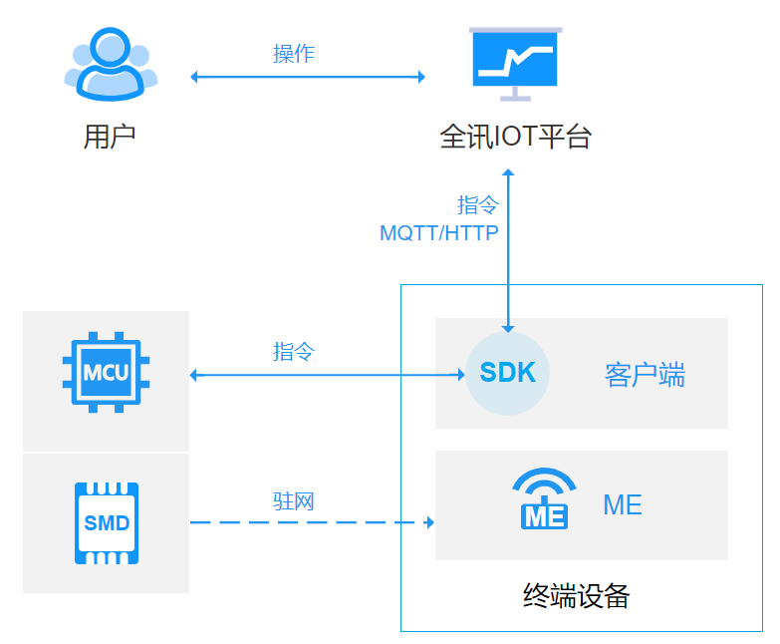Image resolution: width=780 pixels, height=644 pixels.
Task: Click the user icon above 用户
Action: coord(111,65)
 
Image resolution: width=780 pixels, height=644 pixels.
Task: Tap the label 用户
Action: coord(110,137)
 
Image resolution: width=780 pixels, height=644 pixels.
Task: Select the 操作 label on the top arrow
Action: coord(294,54)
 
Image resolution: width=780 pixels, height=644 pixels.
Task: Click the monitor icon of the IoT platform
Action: coord(515,64)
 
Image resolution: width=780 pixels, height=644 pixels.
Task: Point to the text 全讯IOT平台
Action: coord(515,137)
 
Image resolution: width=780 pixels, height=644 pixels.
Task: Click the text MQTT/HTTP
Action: coord(439,233)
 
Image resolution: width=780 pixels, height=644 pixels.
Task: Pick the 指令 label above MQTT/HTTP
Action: coord(477,205)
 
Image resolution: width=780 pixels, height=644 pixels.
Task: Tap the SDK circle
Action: coord(508,373)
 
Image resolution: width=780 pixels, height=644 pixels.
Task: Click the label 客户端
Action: coord(645,375)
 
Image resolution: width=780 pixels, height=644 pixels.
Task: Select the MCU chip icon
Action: coord(106,374)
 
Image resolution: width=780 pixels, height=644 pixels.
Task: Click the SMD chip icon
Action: coord(107,522)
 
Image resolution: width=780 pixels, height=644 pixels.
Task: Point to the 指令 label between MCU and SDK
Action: coord(294,351)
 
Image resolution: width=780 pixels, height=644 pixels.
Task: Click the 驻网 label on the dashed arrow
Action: coord(294,500)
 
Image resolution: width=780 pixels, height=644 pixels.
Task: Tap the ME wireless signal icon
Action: coord(544,498)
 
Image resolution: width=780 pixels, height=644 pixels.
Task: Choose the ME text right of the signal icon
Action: coord(623,504)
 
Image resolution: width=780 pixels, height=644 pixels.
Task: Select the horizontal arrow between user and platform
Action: coord(308,77)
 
